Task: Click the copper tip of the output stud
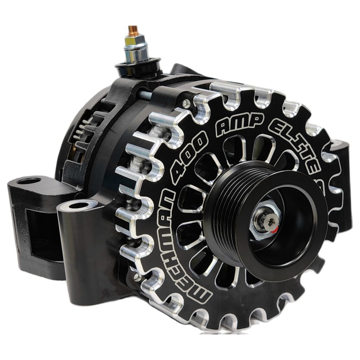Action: (133, 30)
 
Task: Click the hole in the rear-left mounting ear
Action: (30, 181)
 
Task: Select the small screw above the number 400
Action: (185, 104)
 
